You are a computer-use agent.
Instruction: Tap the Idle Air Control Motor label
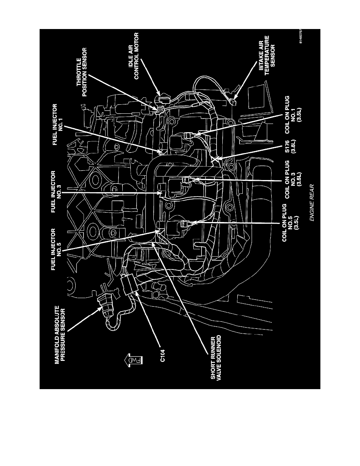tap(134, 56)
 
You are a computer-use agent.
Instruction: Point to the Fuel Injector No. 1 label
tap(58, 124)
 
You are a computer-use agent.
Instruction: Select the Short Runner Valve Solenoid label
tap(216, 358)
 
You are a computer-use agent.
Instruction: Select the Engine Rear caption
tap(311, 202)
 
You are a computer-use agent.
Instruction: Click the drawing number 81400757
tap(301, 36)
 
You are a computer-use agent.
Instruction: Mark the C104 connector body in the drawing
tap(129, 284)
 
